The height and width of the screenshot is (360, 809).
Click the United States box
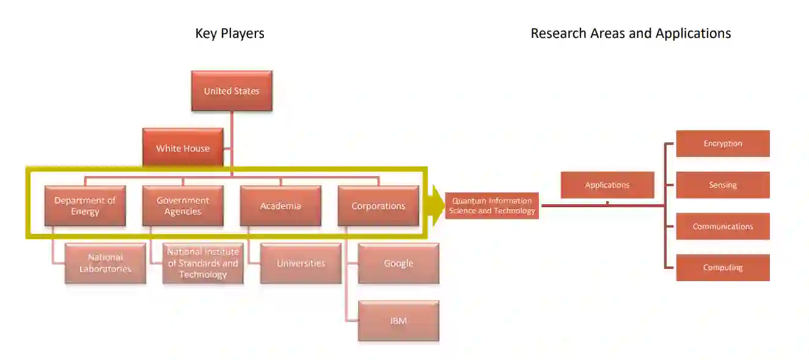[232, 91]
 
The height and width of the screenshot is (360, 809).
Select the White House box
[183, 148]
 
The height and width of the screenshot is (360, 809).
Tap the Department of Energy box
[85, 206]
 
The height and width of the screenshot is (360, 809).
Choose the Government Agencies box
[183, 206]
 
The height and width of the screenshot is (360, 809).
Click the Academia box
[280, 206]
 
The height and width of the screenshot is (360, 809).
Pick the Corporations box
[378, 206]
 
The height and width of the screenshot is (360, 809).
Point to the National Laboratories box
[105, 263]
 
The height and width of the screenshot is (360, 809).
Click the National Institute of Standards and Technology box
[203, 263]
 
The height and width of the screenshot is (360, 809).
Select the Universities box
[301, 263]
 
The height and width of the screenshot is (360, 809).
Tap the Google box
[398, 263]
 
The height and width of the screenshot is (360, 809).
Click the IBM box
[398, 321]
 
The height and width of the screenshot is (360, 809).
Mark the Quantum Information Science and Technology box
[492, 206]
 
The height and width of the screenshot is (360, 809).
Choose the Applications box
[607, 185]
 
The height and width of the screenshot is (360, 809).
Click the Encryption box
[723, 144]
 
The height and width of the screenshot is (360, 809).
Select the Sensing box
[723, 185]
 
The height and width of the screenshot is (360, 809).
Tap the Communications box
[723, 226]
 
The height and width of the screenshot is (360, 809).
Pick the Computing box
[723, 268]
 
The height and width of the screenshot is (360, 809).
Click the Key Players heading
[230, 33]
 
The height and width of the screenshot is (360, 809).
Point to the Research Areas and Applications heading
[631, 33]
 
